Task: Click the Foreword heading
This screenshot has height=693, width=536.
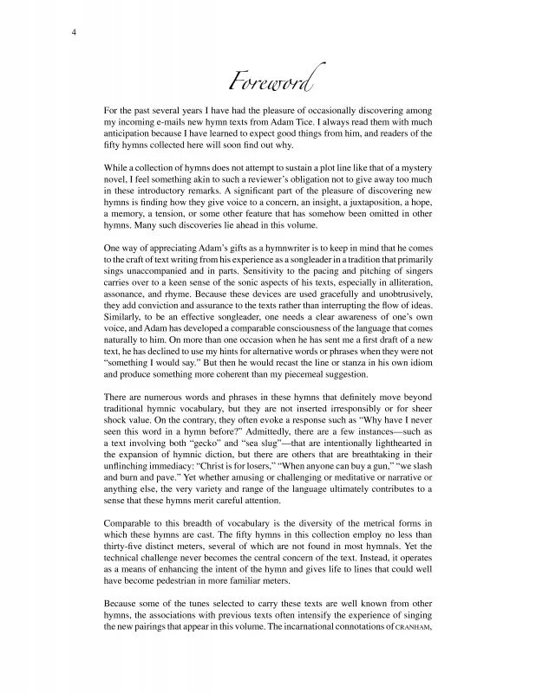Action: click(x=270, y=84)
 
